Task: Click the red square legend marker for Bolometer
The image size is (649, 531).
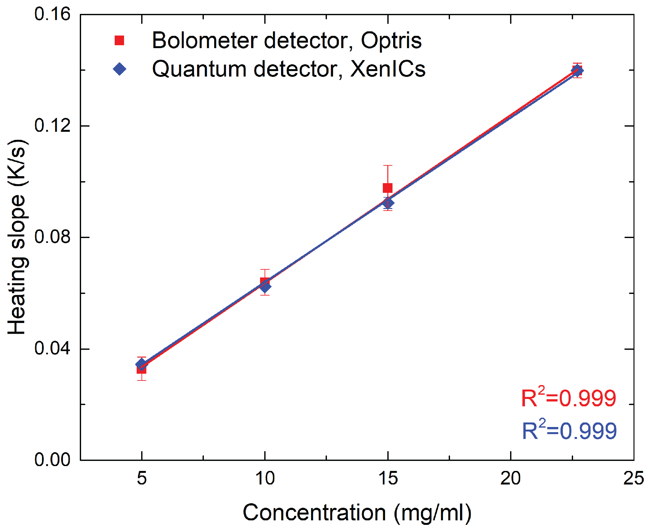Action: click(x=119, y=40)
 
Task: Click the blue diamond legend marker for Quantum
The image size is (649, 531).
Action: click(x=120, y=69)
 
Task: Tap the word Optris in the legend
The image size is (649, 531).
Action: click(x=391, y=41)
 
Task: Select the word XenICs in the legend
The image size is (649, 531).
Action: click(x=388, y=69)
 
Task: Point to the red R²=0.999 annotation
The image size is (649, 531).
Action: click(x=569, y=398)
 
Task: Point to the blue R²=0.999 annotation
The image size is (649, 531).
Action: click(x=569, y=431)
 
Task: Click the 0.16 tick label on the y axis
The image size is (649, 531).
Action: click(x=52, y=15)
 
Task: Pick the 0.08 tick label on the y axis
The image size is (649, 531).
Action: click(x=52, y=237)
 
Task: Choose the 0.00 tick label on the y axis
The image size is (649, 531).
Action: click(x=52, y=460)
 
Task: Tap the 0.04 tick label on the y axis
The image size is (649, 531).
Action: click(x=52, y=349)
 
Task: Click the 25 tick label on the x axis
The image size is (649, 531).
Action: click(x=633, y=478)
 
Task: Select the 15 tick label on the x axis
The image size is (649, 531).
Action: click(x=388, y=478)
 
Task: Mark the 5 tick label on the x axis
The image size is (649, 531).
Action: click(x=142, y=478)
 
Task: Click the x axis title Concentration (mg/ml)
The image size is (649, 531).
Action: click(x=357, y=513)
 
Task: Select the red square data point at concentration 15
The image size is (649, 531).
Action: click(x=388, y=188)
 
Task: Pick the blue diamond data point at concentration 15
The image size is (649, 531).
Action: click(x=388, y=203)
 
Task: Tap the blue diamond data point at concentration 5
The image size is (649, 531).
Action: click(x=141, y=364)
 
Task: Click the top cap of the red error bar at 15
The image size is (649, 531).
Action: click(x=388, y=165)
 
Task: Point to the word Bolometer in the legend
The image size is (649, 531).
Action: click(x=204, y=41)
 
